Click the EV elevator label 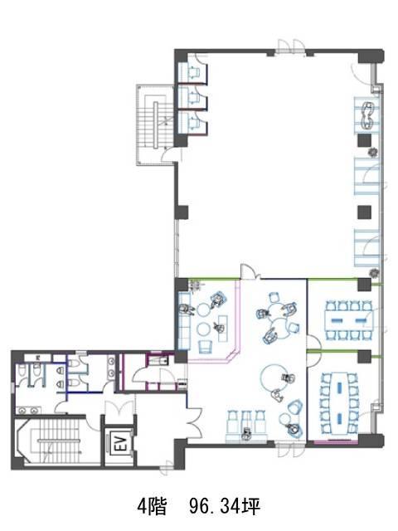click(121, 443)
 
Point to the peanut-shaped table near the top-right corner click(367, 115)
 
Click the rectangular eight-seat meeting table click(348, 320)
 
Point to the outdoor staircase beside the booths click(155, 124)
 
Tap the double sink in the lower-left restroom click(28, 411)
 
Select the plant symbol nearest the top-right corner click(372, 153)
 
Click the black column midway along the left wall click(181, 212)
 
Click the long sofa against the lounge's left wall click(184, 321)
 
